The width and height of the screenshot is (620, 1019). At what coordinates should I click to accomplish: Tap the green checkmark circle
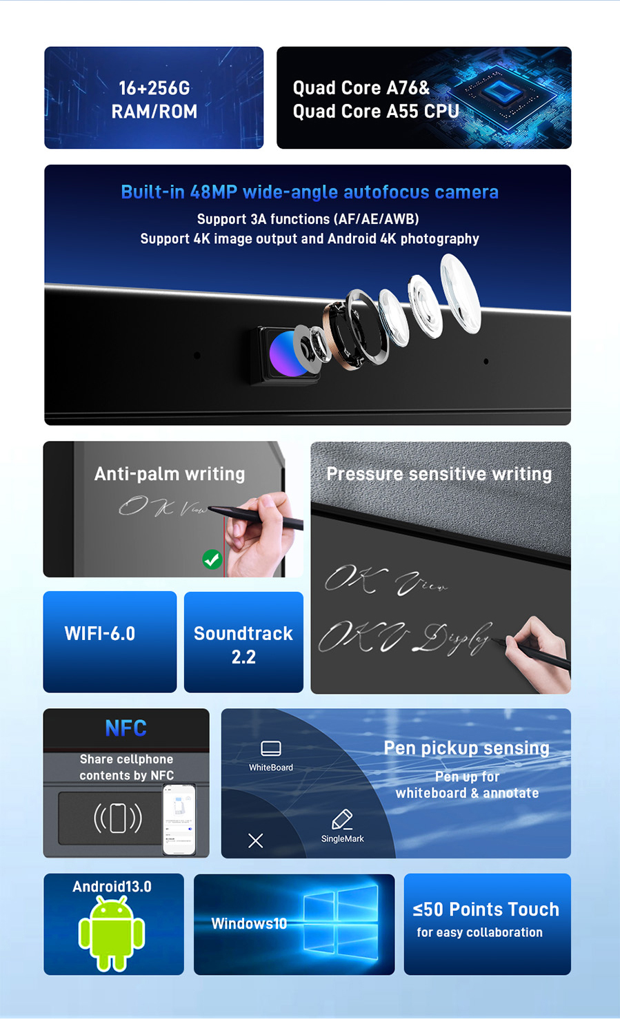(x=212, y=559)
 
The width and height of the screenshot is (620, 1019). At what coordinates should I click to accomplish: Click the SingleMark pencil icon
(x=342, y=819)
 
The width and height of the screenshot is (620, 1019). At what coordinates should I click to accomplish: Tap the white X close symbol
(x=256, y=841)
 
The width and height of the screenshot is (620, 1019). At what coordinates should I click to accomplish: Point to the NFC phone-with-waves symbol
(x=117, y=818)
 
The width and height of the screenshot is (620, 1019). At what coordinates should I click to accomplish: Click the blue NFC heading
(x=126, y=728)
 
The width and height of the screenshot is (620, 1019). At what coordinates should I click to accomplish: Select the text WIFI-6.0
(x=100, y=634)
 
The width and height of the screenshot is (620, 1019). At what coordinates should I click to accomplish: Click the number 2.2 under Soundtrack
(x=243, y=657)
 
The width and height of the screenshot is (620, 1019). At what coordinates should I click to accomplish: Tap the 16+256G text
(x=154, y=88)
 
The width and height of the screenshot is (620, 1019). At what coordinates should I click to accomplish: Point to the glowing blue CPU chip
(x=500, y=90)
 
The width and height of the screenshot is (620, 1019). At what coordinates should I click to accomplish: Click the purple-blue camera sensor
(x=288, y=353)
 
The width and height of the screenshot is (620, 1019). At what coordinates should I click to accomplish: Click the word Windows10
(x=249, y=923)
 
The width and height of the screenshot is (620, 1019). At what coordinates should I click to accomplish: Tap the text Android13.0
(x=112, y=886)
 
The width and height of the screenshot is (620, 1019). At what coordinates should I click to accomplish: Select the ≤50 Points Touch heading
(x=486, y=909)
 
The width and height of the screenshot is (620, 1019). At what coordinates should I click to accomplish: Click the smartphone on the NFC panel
(x=179, y=819)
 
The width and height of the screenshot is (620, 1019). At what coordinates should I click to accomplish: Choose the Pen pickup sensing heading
(x=467, y=748)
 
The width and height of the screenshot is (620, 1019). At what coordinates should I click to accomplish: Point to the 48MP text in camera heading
(x=214, y=192)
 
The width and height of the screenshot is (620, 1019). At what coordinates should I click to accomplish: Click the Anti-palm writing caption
(x=170, y=474)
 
